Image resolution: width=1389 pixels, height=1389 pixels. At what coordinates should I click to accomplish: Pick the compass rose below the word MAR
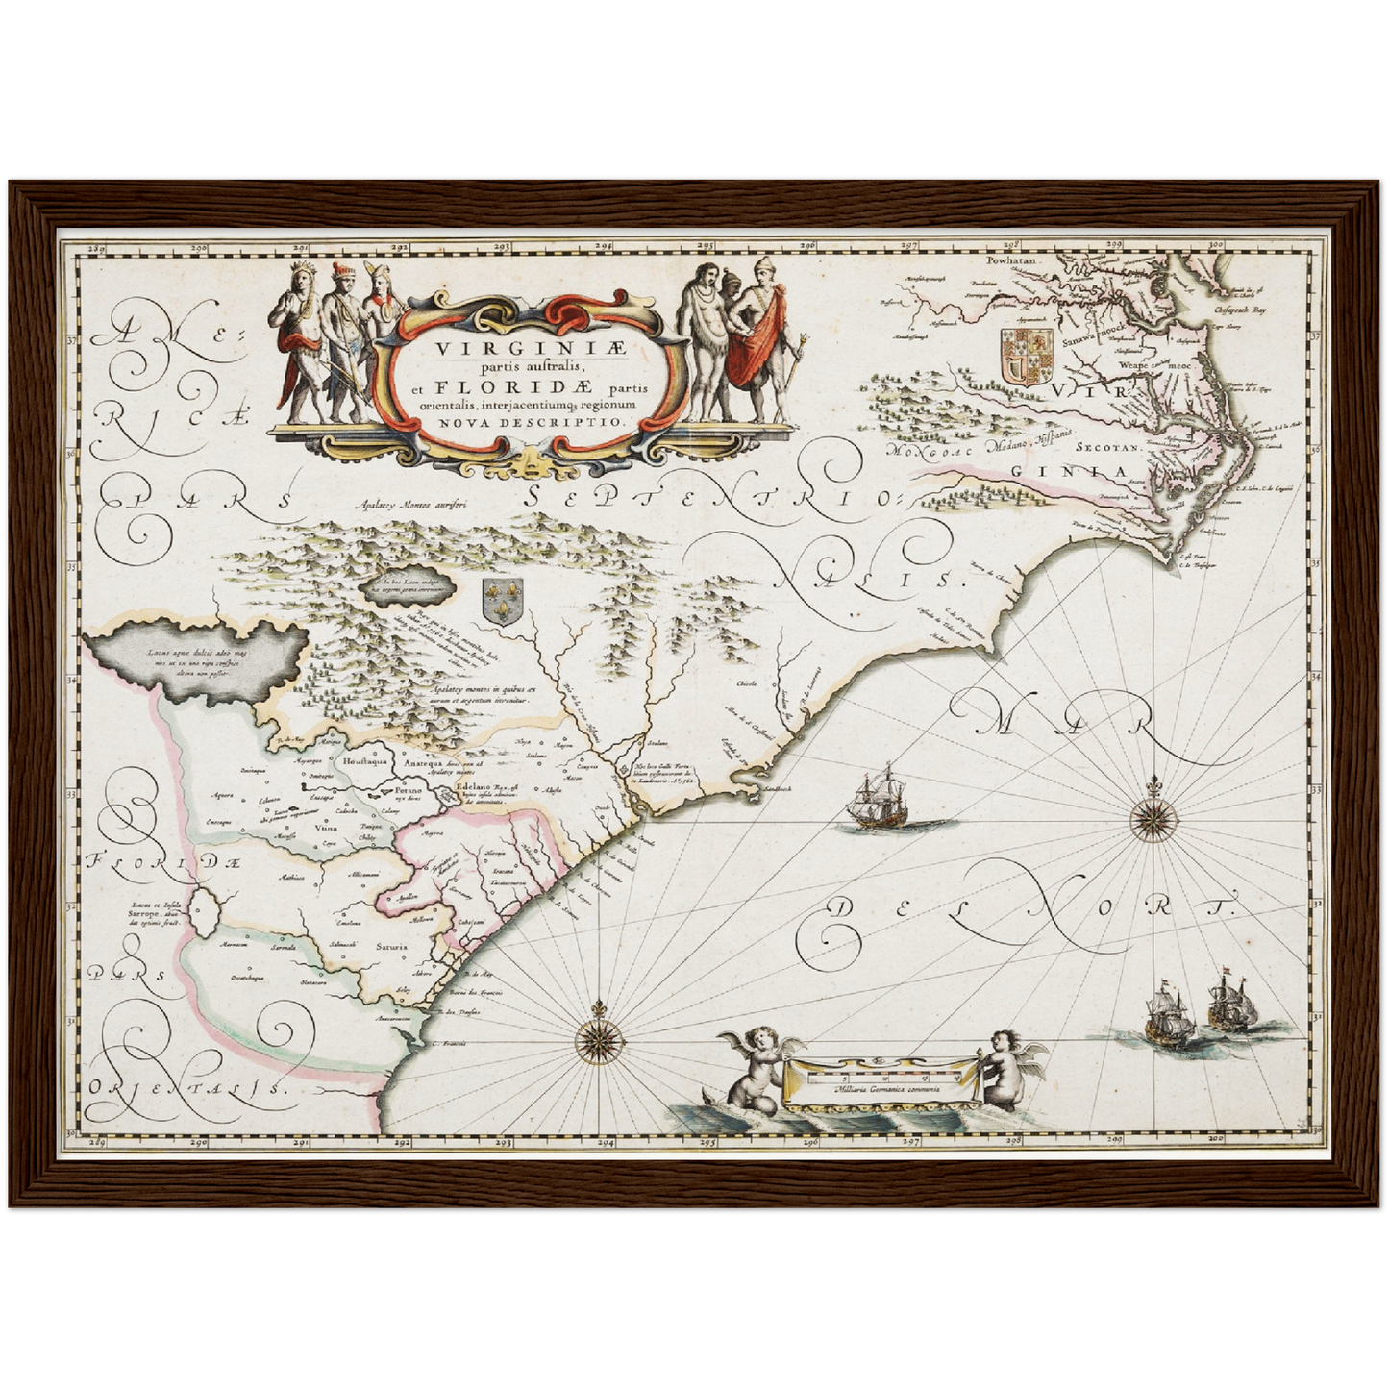click(1151, 819)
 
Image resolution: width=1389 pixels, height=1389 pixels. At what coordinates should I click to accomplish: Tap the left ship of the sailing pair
click(1167, 1015)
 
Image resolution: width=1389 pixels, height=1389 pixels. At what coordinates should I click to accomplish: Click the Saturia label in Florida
click(391, 947)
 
